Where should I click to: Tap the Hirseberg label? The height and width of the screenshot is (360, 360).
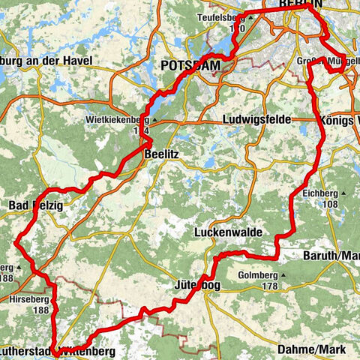[30, 298]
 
